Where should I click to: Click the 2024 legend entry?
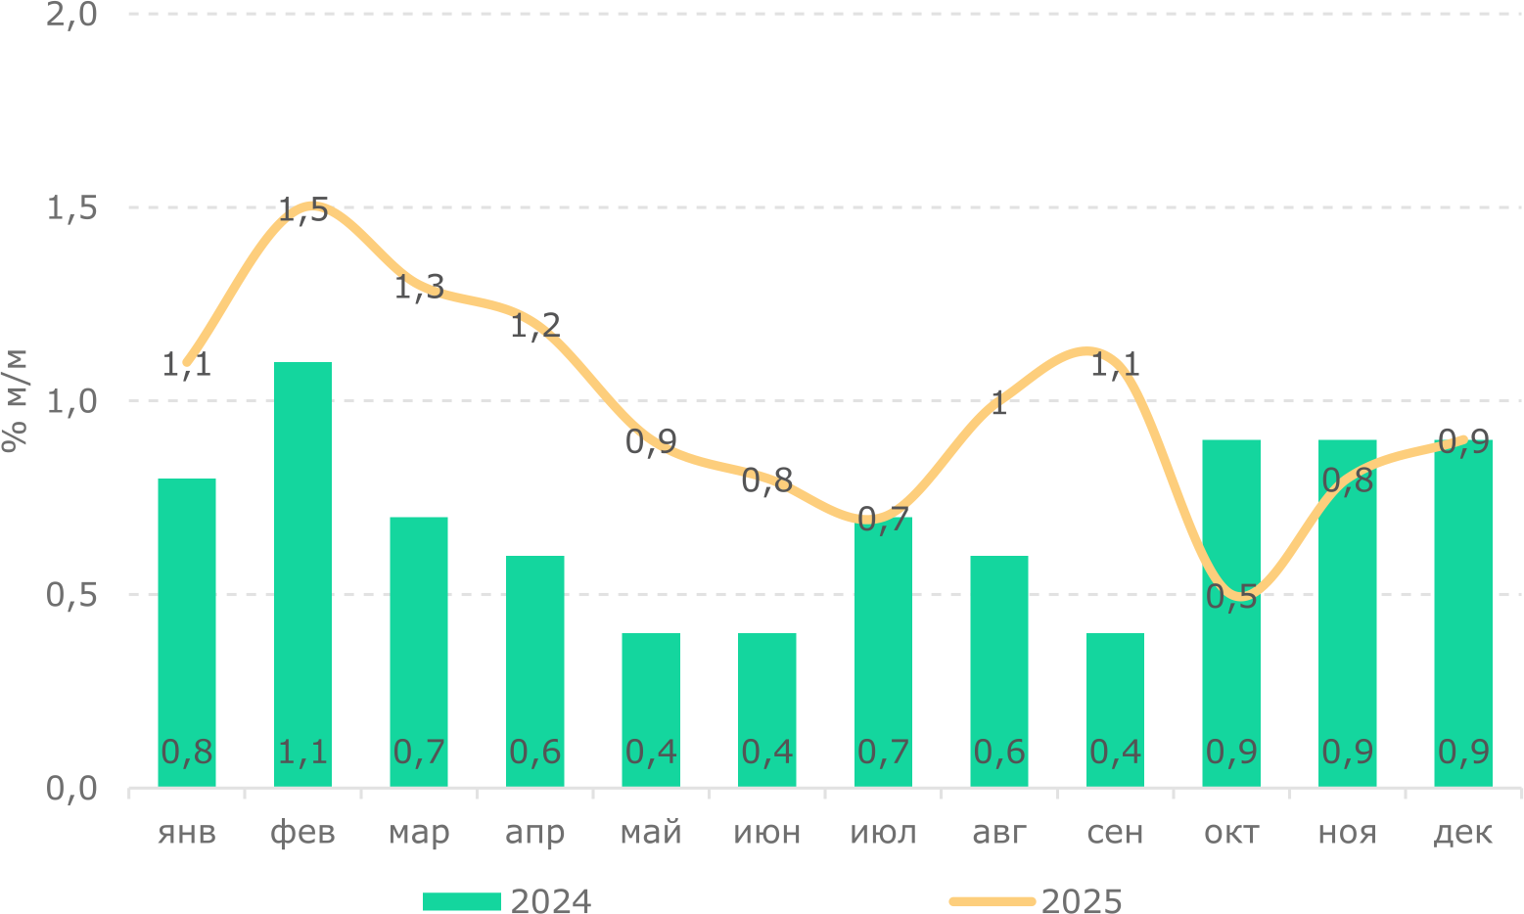pyautogui.click(x=507, y=900)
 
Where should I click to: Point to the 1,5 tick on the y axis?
pyautogui.click(x=72, y=207)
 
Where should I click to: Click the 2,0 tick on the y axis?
pyautogui.click(x=72, y=15)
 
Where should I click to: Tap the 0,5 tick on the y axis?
pyautogui.click(x=72, y=594)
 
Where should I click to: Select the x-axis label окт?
pyautogui.click(x=1231, y=833)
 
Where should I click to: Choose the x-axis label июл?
pyautogui.click(x=883, y=833)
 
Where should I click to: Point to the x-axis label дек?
pyautogui.click(x=1463, y=833)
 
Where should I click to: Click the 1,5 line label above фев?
pyautogui.click(x=303, y=209)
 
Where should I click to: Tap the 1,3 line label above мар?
pyautogui.click(x=419, y=288)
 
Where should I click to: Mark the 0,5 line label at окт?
pyautogui.click(x=1231, y=597)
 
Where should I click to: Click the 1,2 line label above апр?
pyautogui.click(x=535, y=325)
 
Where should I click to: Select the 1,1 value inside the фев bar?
pyautogui.click(x=303, y=752)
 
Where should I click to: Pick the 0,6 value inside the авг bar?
pyautogui.click(x=999, y=752)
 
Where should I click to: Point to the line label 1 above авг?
pyautogui.click(x=998, y=403)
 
